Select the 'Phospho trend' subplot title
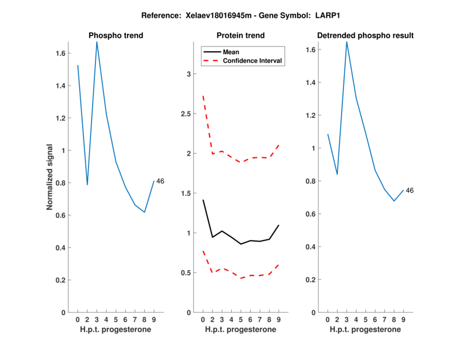click(x=116, y=36)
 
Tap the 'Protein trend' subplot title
click(x=241, y=36)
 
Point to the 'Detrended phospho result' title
click(x=365, y=36)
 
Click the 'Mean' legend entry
click(x=231, y=52)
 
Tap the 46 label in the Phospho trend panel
click(x=160, y=181)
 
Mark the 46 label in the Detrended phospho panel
click(x=409, y=190)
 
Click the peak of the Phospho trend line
click(x=97, y=41)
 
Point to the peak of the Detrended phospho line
click(x=347, y=41)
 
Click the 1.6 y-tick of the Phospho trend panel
click(x=59, y=53)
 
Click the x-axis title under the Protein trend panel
click(x=241, y=330)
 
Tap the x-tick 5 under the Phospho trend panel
click(x=116, y=320)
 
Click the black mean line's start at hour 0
click(x=203, y=200)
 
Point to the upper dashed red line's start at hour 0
click(x=203, y=96)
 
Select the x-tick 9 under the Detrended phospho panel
click(x=403, y=320)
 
